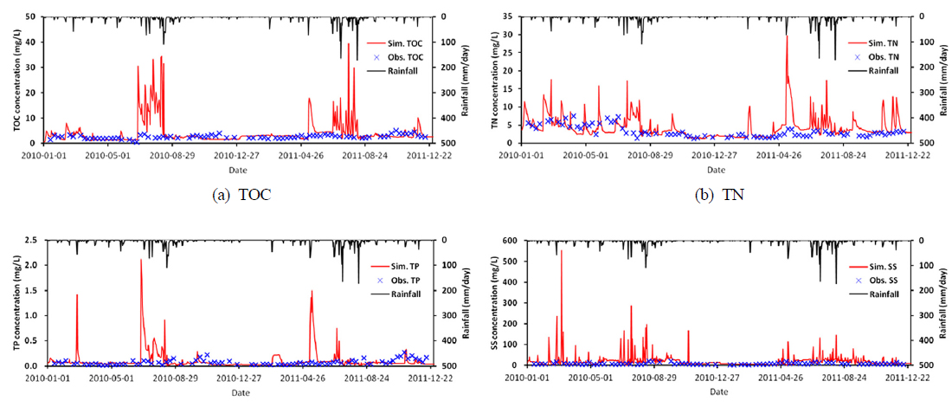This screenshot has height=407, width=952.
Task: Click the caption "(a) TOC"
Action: [x=242, y=195]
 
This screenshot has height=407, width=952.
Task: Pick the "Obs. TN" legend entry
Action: [x=875, y=56]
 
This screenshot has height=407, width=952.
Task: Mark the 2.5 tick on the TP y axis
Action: [x=29, y=240]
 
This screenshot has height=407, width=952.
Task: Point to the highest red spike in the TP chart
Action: [x=141, y=260]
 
